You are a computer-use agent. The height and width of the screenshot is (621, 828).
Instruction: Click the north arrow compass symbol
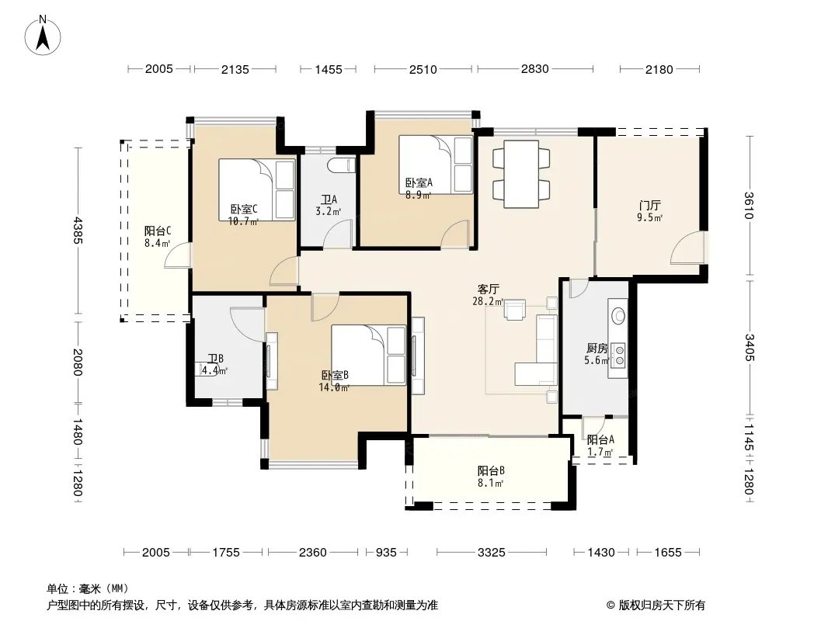pos(43,36)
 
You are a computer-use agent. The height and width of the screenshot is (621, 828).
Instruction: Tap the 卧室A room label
pos(419,182)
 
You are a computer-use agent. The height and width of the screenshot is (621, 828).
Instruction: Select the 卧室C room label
pos(243,210)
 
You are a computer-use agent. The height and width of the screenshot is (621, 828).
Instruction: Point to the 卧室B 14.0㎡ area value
pos(334,388)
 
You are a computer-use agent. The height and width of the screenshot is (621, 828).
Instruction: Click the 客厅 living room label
pos(488,289)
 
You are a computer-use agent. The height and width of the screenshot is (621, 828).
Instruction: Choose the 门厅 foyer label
pos(649,205)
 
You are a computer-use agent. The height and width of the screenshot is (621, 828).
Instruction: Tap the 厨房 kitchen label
pos(597,349)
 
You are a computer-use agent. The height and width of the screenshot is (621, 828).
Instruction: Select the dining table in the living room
pos(521,174)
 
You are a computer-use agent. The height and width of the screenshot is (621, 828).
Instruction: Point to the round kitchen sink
pos(618,316)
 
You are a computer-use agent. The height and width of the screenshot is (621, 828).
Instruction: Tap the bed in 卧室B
pos(369,355)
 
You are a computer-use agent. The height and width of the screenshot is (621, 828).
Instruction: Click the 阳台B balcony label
pos(491,470)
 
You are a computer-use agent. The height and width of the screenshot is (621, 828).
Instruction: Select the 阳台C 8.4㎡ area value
pos(158,243)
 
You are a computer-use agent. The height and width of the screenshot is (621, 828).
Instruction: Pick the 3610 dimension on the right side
pos(749,205)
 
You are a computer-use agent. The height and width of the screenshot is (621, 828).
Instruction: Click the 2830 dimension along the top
pos(534,68)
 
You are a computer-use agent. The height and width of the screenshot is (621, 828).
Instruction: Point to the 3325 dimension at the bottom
pos(491,553)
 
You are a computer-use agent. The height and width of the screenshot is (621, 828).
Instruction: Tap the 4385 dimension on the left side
pos(78,231)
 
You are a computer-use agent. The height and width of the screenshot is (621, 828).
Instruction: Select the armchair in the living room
pos(515,310)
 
